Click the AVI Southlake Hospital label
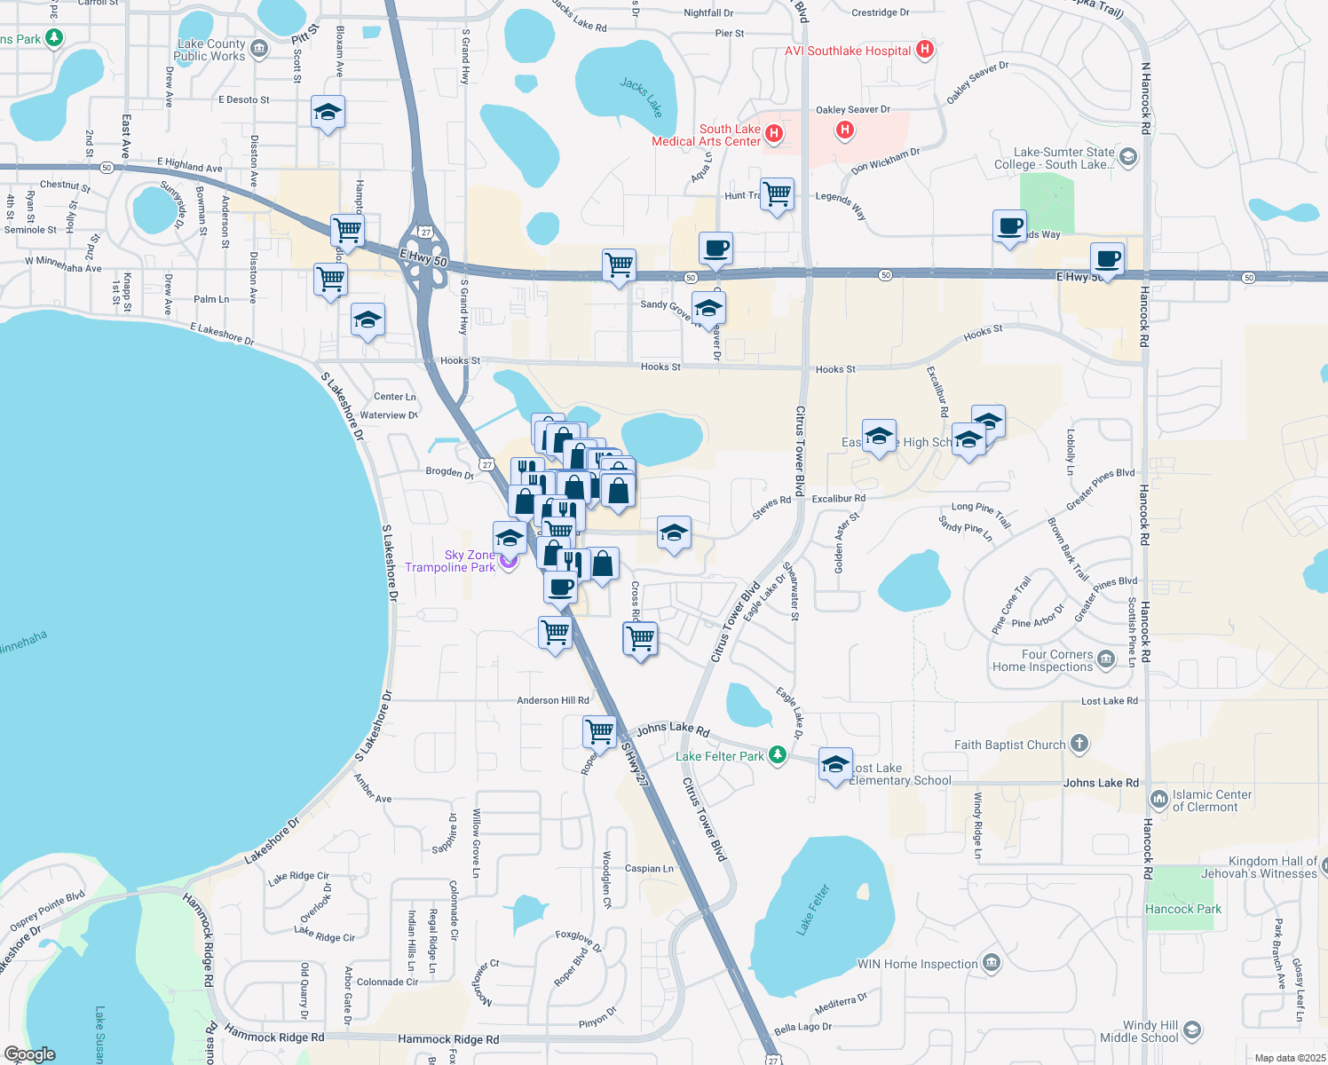[847, 51]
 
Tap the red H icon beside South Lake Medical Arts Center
[774, 134]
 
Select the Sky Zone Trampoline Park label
[451, 561]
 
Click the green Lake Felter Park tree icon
[778, 754]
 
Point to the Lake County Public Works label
[209, 50]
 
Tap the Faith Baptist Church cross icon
[1079, 744]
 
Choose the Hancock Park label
[1182, 909]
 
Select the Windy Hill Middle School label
[1139, 1031]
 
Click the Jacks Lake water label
[642, 97]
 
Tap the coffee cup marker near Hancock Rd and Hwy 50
[1107, 258]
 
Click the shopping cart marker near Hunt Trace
[777, 193]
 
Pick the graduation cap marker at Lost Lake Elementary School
[835, 764]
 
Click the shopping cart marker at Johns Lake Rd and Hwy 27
[600, 732]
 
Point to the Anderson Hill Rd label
[552, 700]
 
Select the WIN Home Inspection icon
[992, 962]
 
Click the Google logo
[30, 1054]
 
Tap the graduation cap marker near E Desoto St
[328, 112]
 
